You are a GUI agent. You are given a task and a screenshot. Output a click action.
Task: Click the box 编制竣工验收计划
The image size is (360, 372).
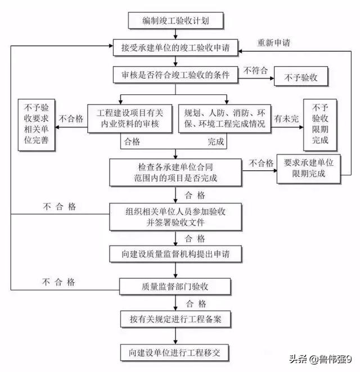pyautogui.click(x=175, y=21)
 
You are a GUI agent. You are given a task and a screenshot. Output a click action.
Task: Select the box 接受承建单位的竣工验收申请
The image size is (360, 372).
pyautogui.click(x=175, y=48)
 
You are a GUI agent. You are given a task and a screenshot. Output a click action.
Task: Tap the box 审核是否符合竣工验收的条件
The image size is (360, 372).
pyautogui.click(x=175, y=75)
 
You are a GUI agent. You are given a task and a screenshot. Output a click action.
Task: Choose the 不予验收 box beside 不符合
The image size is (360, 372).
pyautogui.click(x=301, y=76)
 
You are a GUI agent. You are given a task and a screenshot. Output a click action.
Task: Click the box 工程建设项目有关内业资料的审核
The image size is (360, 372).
pyautogui.click(x=130, y=119)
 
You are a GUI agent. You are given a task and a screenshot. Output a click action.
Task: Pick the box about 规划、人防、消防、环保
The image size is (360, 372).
pyautogui.click(x=224, y=119)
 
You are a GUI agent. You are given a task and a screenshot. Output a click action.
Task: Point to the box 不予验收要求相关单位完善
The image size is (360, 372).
pyautogui.click(x=37, y=125)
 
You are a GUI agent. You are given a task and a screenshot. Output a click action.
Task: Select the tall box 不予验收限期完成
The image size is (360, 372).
pyautogui.click(x=320, y=125)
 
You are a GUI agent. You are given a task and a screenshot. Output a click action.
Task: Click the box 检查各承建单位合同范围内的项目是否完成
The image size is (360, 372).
pyautogui.click(x=175, y=173)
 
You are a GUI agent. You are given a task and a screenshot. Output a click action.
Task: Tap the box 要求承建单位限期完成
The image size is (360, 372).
pyautogui.click(x=308, y=169)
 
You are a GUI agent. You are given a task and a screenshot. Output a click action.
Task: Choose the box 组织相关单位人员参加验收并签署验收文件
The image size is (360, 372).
pyautogui.click(x=175, y=216)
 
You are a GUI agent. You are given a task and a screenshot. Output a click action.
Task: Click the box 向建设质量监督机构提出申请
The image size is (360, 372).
pyautogui.click(x=175, y=254)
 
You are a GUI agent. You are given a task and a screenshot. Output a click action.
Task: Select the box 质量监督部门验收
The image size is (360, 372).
pyautogui.click(x=175, y=287)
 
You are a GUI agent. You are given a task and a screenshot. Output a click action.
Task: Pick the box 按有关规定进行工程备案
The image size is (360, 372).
pyautogui.click(x=175, y=319)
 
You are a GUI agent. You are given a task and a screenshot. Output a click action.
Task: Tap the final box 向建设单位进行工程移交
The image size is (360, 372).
pyautogui.click(x=174, y=353)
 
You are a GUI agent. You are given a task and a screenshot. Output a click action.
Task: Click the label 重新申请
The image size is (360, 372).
pyautogui.click(x=274, y=43)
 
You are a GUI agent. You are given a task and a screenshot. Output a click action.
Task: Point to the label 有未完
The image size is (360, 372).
pyautogui.click(x=286, y=119)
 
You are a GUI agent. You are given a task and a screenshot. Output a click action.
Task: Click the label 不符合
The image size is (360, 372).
pyautogui.click(x=255, y=70)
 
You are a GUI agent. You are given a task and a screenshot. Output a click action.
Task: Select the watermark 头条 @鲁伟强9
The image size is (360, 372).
pyautogui.click(x=320, y=359)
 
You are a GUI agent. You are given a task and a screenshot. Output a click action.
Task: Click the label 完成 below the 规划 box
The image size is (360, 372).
pyautogui.click(x=216, y=142)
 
